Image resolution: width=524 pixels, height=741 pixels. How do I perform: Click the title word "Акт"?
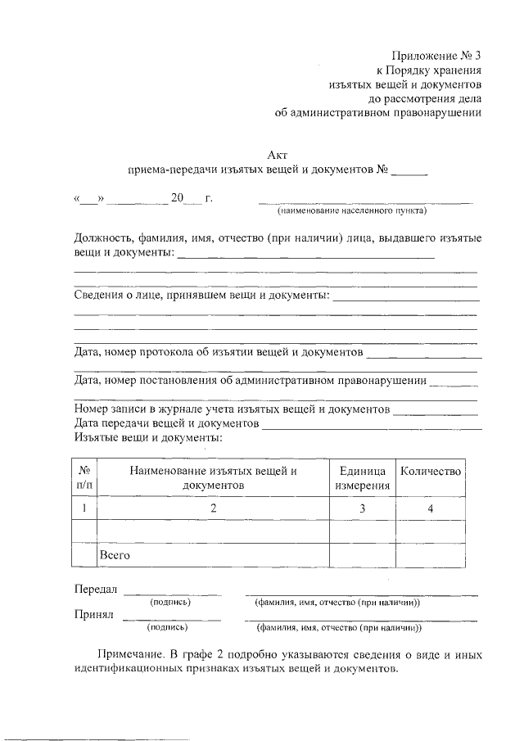278,155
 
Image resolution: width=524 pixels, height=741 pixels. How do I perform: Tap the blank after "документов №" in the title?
409,172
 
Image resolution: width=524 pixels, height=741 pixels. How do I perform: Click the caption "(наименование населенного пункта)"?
351,210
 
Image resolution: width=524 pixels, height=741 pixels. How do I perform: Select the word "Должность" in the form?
102,238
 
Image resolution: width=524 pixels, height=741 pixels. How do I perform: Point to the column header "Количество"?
430,472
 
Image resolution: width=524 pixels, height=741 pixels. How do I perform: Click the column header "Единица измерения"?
362,478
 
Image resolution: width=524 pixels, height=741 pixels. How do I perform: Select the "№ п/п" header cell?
84,478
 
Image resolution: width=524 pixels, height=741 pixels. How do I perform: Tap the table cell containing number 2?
213,509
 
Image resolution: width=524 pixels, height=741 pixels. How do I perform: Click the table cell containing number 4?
430,509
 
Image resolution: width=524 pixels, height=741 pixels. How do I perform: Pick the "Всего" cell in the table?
115,555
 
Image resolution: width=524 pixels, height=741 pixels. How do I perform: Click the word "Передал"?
96,590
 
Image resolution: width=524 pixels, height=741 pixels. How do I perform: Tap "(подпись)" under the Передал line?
170,602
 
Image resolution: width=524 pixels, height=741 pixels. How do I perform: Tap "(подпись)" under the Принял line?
167,628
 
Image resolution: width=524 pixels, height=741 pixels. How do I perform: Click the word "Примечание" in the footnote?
130,655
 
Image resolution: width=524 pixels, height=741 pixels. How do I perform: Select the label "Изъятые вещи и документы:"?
147,438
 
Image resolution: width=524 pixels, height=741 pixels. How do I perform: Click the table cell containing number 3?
362,509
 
